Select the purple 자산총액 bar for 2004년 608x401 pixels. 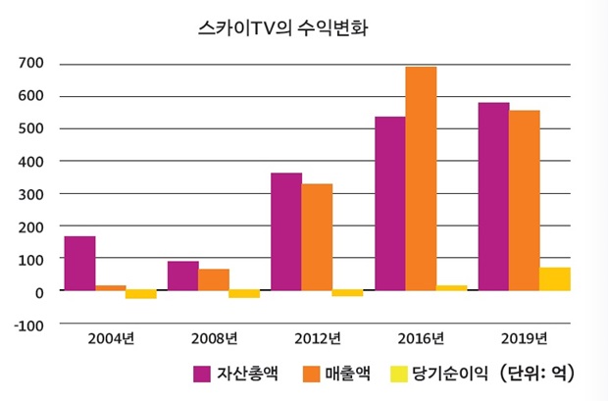point(79,264)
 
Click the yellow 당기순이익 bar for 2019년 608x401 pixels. point(554,279)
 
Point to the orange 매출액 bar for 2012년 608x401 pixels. point(317,237)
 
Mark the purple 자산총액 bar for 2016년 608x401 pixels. point(389,204)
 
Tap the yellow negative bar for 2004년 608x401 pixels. point(141,294)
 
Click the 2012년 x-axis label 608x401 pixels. point(317,339)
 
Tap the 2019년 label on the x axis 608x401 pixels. point(524,339)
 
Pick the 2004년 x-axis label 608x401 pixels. point(110,339)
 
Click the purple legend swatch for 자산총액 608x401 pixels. point(203,374)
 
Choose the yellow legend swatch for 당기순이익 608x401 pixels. point(399,374)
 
